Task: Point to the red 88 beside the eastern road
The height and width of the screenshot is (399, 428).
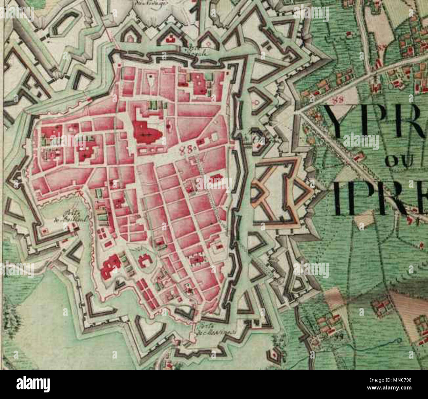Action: tap(336, 99)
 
